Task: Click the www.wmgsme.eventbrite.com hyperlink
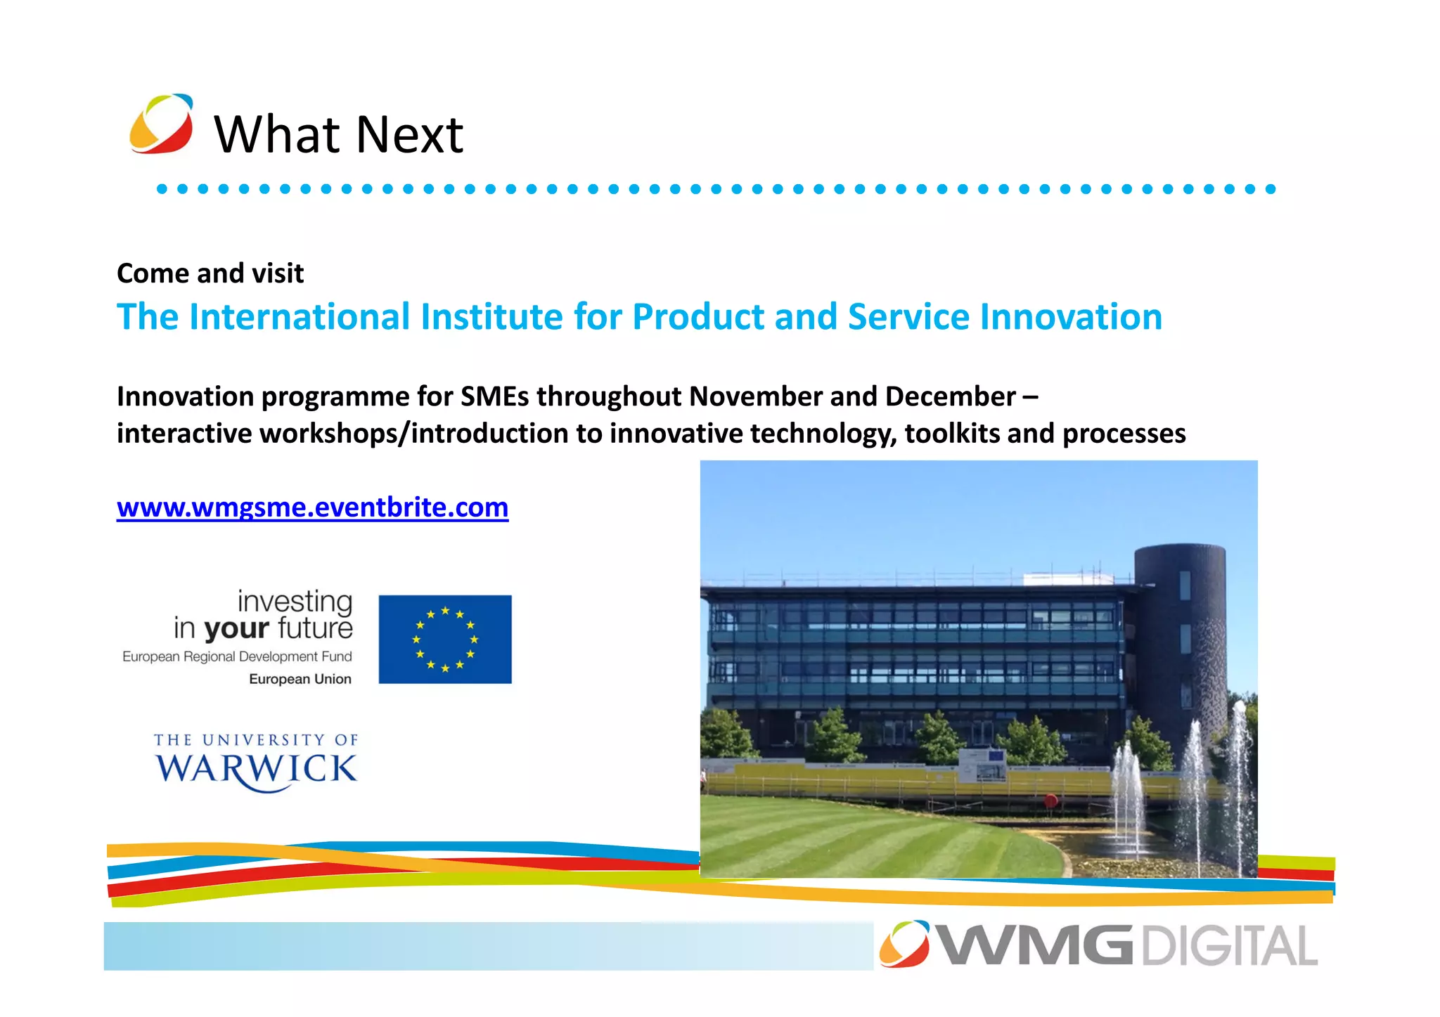(x=312, y=507)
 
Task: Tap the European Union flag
(x=444, y=639)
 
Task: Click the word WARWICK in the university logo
(x=256, y=769)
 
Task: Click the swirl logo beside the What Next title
(x=161, y=124)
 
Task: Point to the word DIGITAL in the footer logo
(x=1228, y=946)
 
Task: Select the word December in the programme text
(x=949, y=396)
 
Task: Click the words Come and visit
(x=210, y=273)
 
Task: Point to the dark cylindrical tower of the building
(x=1179, y=633)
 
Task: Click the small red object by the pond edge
(x=1050, y=800)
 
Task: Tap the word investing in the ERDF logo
(x=295, y=601)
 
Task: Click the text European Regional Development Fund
(x=237, y=656)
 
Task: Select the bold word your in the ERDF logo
(x=236, y=628)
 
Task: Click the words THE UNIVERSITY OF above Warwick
(x=256, y=740)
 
